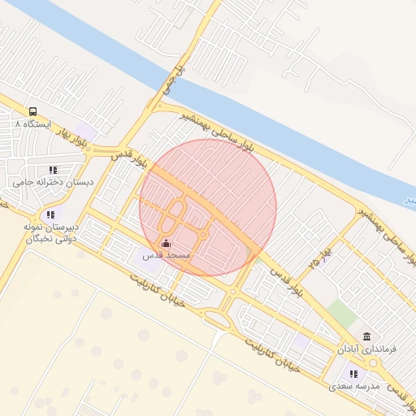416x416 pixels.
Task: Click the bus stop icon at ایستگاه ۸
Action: (x=32, y=111)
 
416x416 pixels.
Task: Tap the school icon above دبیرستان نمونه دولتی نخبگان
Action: (x=50, y=214)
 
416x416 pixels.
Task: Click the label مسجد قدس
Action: (x=166, y=255)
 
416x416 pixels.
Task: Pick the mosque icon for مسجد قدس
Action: (x=167, y=243)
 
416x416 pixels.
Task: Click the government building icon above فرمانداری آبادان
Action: (x=367, y=336)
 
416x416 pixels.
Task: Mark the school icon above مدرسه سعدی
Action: (x=353, y=374)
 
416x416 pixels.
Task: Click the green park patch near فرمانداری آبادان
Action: (x=342, y=314)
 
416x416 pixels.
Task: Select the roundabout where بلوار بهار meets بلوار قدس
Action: (x=106, y=149)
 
